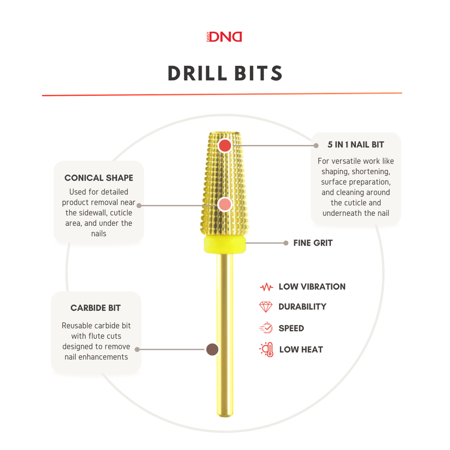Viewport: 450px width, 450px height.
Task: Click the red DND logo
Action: click(x=225, y=37)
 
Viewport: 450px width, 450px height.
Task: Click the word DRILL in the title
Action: click(x=197, y=73)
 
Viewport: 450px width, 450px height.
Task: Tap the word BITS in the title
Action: click(x=258, y=73)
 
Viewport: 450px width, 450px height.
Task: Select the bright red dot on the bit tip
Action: click(x=225, y=145)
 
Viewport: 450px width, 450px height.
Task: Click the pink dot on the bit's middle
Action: click(x=225, y=205)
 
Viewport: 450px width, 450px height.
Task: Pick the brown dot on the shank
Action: click(x=212, y=349)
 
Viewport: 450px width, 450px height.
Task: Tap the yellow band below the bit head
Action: click(x=225, y=244)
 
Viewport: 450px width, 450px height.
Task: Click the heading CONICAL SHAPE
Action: click(x=99, y=178)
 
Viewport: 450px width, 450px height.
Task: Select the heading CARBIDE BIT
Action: click(x=95, y=308)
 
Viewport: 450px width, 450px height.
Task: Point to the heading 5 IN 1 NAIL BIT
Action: click(x=356, y=145)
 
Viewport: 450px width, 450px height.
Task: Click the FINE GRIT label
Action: click(x=313, y=243)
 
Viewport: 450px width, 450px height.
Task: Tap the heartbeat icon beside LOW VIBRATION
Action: click(x=266, y=287)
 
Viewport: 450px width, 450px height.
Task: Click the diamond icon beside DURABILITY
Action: click(x=266, y=307)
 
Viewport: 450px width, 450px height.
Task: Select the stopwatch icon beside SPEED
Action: click(x=266, y=328)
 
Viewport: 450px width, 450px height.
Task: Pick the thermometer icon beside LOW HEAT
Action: click(x=267, y=349)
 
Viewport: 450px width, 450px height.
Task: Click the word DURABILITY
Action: click(x=302, y=307)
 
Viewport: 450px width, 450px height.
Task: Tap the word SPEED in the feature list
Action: click(x=291, y=328)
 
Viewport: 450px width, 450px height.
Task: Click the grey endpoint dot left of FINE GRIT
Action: click(x=286, y=243)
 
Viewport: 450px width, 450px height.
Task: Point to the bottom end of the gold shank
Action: click(x=225, y=416)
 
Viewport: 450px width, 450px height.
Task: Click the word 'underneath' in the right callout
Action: click(x=338, y=213)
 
